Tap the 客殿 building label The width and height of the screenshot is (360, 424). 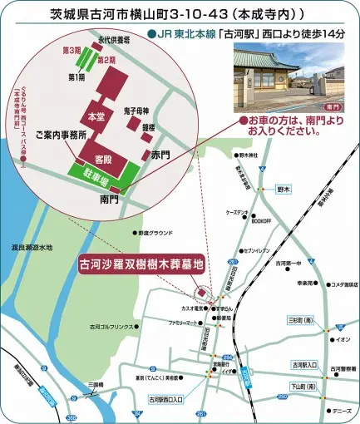pyautogui.click(x=105, y=157)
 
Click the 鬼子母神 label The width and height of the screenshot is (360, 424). pyautogui.click(x=136, y=111)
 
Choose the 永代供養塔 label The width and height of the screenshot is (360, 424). pyautogui.click(x=111, y=38)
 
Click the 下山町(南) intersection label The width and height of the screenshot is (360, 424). pyautogui.click(x=298, y=387)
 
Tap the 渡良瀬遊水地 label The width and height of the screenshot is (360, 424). pyautogui.click(x=32, y=247)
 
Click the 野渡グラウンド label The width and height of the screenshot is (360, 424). pyautogui.click(x=156, y=234)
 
